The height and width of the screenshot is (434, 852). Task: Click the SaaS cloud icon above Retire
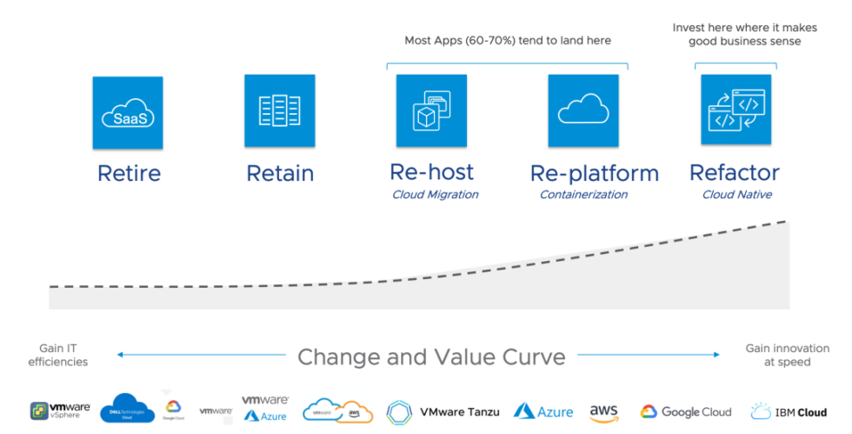[x=128, y=112]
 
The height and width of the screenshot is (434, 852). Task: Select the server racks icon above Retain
[x=279, y=110]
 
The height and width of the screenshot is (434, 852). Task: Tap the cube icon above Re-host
[x=431, y=110]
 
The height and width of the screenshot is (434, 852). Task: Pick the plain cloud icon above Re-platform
[x=582, y=110]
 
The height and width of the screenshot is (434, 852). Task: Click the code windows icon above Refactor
[x=736, y=110]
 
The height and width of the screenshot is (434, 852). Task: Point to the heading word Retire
[x=128, y=173]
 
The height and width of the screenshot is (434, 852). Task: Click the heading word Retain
[x=279, y=173]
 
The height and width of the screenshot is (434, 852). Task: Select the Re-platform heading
[x=595, y=173]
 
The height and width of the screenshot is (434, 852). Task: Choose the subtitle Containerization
[x=583, y=195]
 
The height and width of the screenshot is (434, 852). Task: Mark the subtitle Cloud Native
[x=737, y=195]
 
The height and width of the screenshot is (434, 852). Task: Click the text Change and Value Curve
[x=431, y=357]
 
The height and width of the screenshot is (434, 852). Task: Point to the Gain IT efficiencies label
[x=58, y=355]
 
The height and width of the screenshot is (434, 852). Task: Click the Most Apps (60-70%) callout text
[x=508, y=41]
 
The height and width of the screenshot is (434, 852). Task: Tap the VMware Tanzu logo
[x=443, y=411]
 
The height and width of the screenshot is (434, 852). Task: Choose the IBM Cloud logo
[x=788, y=411]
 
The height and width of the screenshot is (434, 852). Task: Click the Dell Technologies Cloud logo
[x=127, y=410]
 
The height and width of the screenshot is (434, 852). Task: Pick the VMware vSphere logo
[x=60, y=411]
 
